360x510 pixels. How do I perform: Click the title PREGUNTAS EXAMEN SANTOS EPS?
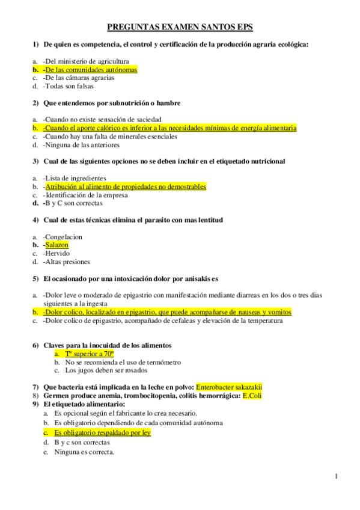pos(180,27)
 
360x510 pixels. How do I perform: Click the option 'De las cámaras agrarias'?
pos(78,78)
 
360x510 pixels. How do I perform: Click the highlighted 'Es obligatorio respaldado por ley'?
pos(102,432)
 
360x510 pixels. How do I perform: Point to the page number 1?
pos(337,477)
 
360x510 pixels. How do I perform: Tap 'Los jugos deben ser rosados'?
pos(103,370)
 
